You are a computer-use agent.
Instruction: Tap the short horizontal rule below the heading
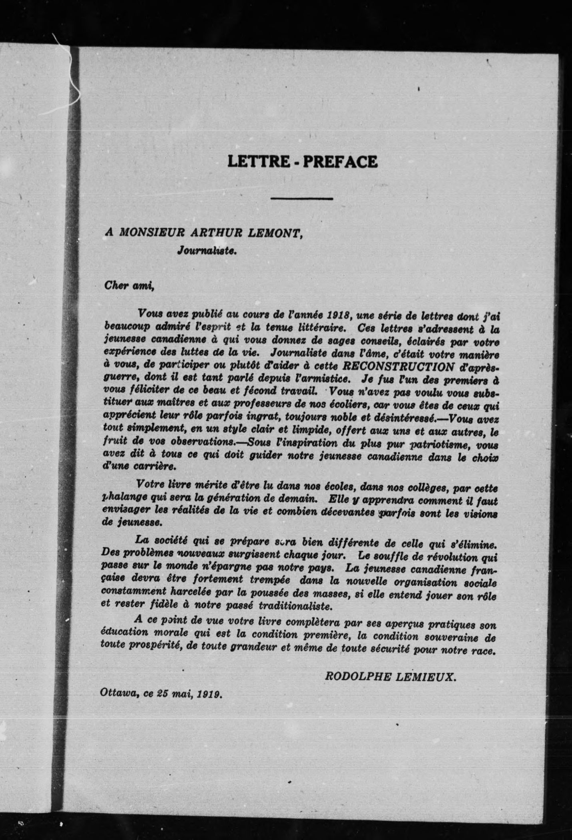(302, 198)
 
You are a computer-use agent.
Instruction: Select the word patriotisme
(442, 444)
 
